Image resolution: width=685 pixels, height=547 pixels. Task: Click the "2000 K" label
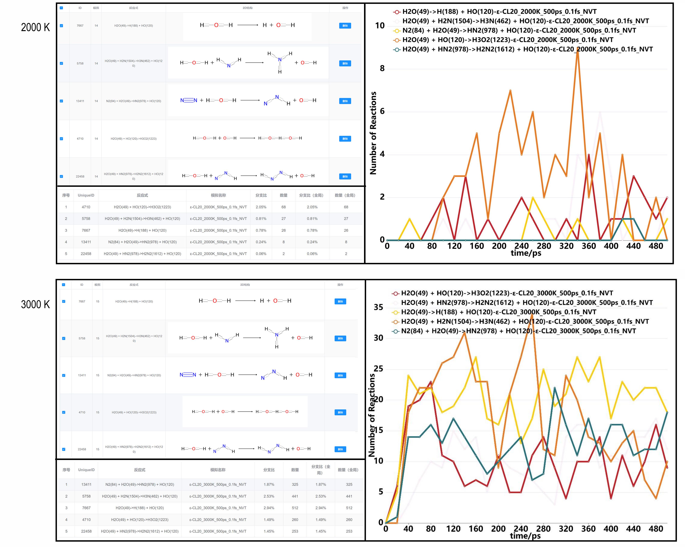pos(35,28)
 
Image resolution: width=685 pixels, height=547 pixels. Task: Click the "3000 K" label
pos(35,305)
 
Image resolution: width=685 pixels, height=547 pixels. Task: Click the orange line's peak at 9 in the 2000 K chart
pos(578,48)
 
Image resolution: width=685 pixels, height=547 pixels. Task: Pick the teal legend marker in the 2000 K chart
pos(396,49)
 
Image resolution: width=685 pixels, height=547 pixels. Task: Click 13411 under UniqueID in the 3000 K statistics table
pos(86,484)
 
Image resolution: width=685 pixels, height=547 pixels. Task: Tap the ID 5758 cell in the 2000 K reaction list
pos(80,64)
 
